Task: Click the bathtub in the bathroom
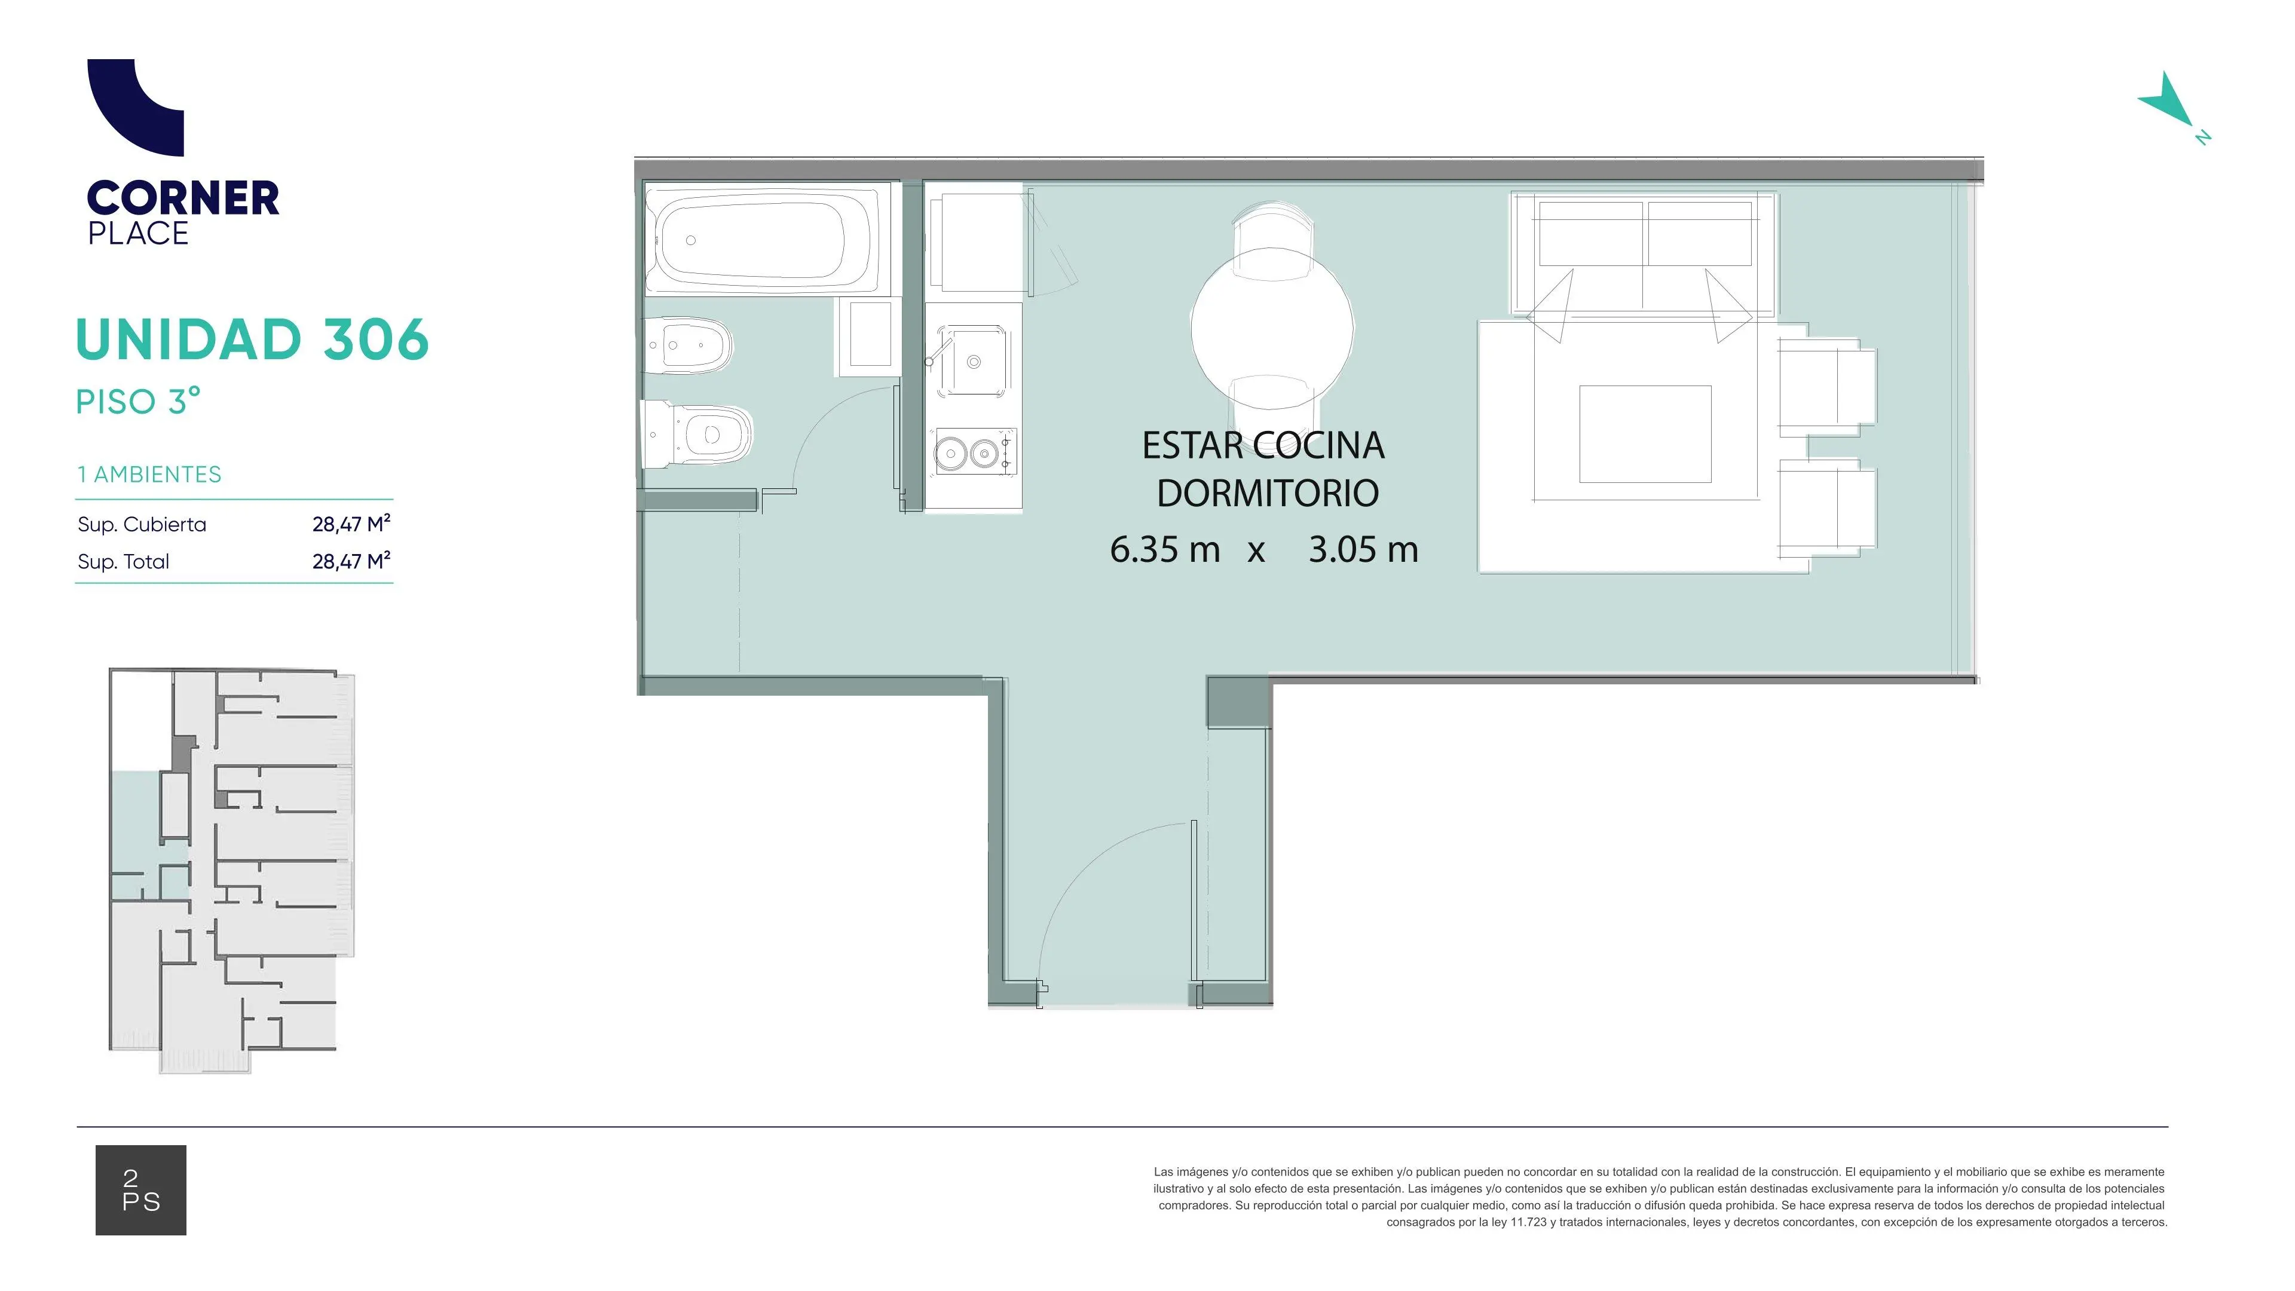(766, 239)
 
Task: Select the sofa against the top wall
(1644, 253)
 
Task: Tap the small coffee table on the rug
(1645, 434)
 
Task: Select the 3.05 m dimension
(1363, 550)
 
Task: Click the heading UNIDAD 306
(252, 339)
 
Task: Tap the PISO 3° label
(138, 401)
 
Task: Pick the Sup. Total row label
(123, 561)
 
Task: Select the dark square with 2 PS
(141, 1191)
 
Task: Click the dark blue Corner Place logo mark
(136, 108)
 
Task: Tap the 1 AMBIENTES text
(149, 474)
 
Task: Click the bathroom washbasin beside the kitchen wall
(865, 336)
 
